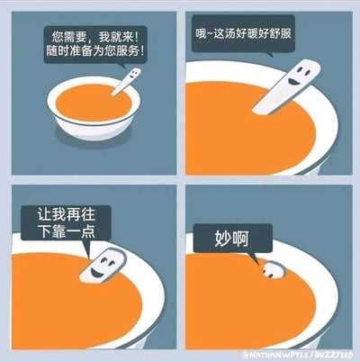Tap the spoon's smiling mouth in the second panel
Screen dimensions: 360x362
tap(292, 81)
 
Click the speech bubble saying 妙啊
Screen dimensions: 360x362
tap(233, 239)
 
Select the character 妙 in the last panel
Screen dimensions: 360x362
tap(223, 239)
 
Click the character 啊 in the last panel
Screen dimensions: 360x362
tap(240, 239)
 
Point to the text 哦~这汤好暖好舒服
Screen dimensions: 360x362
tap(244, 33)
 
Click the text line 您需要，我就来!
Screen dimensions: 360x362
tap(95, 37)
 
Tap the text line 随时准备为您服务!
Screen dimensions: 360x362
tap(95, 51)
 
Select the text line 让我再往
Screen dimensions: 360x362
tap(66, 214)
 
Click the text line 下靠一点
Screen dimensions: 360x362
tap(66, 231)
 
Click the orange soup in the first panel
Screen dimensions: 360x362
tap(94, 103)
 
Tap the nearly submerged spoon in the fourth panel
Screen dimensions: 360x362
tap(274, 270)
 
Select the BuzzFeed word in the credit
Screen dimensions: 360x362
tap(335, 355)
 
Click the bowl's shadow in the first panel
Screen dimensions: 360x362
tap(93, 137)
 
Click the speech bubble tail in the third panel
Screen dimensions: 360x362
tap(87, 249)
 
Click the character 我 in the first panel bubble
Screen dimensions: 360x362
tap(104, 37)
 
